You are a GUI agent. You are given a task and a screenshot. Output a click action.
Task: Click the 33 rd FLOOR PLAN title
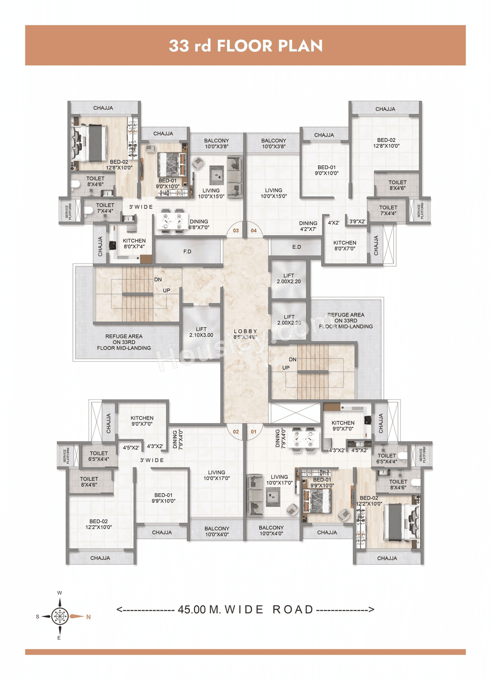[x=245, y=46]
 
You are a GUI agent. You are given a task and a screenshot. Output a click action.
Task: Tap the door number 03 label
[x=236, y=231]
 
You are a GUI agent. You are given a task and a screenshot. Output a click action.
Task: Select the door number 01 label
[x=254, y=432]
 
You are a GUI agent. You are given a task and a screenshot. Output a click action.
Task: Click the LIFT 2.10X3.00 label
[x=201, y=332]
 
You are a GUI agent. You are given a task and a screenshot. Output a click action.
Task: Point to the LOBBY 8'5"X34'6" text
[x=245, y=334]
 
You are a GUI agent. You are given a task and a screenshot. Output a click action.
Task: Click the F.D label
[x=187, y=251]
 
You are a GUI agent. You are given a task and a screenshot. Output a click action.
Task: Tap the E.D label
[x=297, y=247]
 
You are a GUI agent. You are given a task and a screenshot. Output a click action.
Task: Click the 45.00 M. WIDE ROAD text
[x=245, y=609]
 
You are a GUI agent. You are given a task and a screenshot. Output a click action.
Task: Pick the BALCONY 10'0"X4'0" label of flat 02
[x=217, y=531]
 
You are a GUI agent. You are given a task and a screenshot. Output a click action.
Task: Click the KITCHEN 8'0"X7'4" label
[x=134, y=244]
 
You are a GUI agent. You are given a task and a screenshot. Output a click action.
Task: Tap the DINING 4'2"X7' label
[x=308, y=226]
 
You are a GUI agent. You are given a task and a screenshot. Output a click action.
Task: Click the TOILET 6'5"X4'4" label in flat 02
[x=99, y=456]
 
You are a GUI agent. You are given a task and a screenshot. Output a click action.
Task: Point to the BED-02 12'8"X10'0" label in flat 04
[x=386, y=143]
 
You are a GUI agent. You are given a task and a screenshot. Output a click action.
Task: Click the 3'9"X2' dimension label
[x=357, y=221]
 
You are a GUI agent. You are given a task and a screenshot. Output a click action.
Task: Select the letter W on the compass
[x=59, y=593]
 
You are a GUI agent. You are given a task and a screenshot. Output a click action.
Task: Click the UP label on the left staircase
[x=166, y=290]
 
